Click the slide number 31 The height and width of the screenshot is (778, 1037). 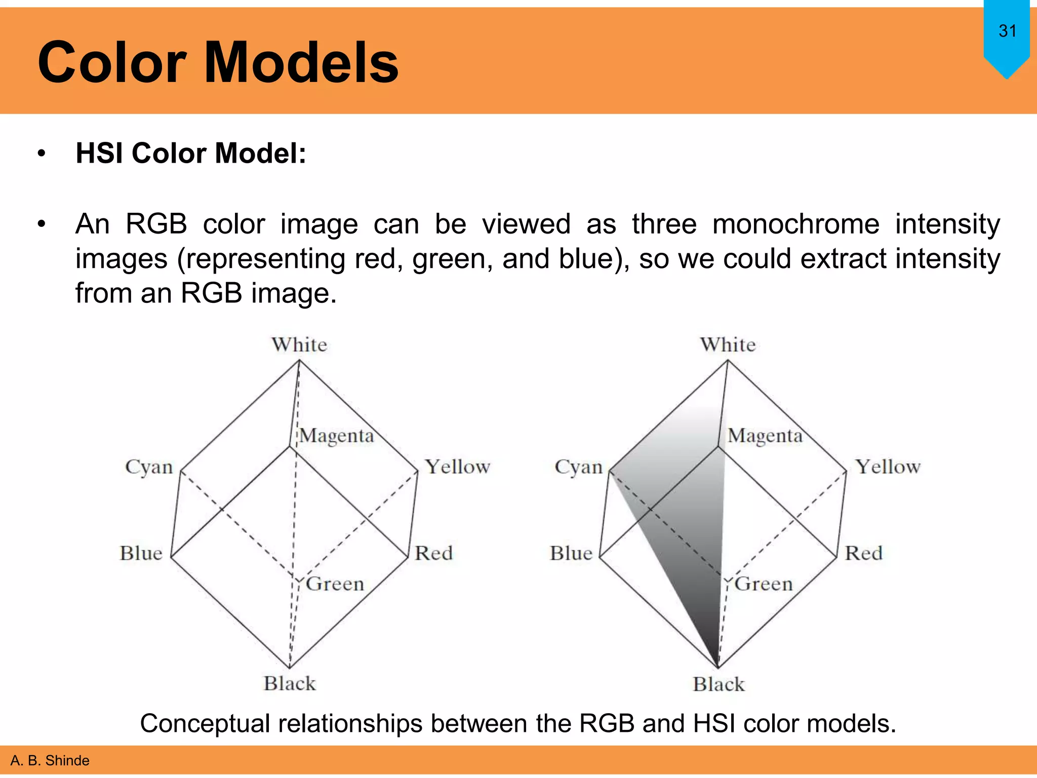pos(1007,31)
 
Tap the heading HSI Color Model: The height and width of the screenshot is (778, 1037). pos(191,153)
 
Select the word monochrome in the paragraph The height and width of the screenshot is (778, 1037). pos(795,224)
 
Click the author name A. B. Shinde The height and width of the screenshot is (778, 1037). pos(50,760)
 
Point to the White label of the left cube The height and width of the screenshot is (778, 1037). pos(299,344)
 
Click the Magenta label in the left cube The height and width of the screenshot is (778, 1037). pos(337,436)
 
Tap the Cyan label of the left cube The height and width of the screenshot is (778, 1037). pos(149,467)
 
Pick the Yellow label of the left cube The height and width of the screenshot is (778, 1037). pos(457,466)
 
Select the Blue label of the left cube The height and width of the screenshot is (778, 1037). pos(141,553)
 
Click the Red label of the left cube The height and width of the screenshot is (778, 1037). pos(433,553)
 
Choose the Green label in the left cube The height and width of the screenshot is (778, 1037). pos(335,584)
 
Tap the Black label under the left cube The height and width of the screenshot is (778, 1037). pos(290,684)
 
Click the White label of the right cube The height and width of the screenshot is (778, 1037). pos(728,344)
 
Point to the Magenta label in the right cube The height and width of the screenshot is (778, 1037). pos(765,436)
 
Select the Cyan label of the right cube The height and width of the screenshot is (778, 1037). pos(578,467)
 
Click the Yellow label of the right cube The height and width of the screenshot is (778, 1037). pos(888,466)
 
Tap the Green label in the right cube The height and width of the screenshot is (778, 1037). pos(764,584)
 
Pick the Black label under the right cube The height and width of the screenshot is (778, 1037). pos(719,684)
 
